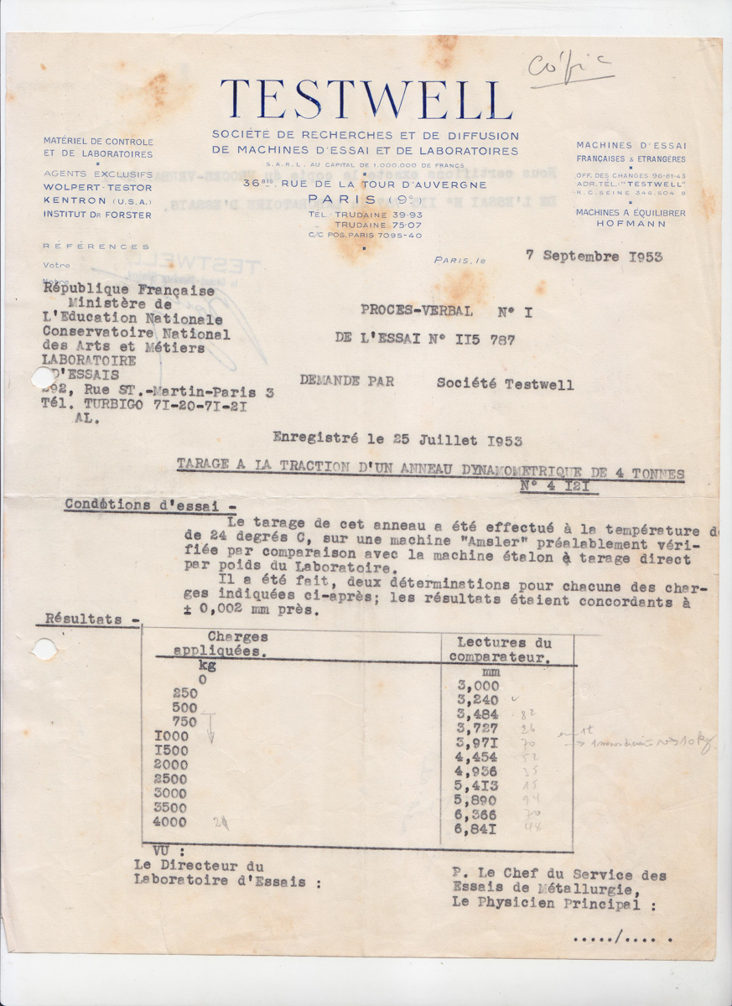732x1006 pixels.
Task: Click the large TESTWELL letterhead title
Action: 366,100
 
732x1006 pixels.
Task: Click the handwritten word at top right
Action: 570,68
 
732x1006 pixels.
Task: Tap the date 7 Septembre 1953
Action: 594,257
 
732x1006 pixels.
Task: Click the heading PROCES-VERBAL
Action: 417,310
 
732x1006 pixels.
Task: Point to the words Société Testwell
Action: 505,384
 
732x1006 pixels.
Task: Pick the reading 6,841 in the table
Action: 478,829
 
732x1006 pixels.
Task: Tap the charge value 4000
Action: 170,822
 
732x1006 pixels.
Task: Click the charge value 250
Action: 185,693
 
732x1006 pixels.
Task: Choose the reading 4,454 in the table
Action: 476,757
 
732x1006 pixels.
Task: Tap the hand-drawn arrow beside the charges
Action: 210,727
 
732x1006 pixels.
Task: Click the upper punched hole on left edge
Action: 43,377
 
